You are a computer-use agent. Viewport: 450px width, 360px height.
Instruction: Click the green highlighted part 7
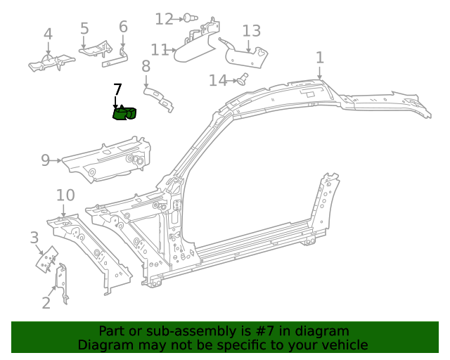pos(124,112)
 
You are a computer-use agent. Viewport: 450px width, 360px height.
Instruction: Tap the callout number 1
pos(320,58)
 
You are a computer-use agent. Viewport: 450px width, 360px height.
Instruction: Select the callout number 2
pos(46,303)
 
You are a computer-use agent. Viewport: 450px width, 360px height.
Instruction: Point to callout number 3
pos(34,238)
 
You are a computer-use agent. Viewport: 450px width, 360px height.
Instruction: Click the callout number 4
pos(48,34)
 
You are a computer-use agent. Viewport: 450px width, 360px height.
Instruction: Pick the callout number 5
pos(84,29)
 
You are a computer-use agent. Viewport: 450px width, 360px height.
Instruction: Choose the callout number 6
pos(123,27)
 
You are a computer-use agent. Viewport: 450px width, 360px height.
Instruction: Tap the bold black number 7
pos(117,89)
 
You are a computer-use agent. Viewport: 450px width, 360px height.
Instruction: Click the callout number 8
pos(146,67)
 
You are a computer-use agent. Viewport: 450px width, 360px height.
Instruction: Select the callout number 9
pos(45,160)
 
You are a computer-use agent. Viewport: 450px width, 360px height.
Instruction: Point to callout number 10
pos(65,195)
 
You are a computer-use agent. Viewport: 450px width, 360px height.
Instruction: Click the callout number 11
pos(160,50)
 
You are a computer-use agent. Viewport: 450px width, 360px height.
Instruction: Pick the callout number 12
pos(164,19)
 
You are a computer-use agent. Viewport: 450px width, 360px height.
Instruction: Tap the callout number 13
pos(251,31)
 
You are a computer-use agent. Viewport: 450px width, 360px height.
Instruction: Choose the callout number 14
pos(217,81)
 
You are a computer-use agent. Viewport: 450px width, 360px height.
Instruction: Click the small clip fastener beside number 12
pos(191,18)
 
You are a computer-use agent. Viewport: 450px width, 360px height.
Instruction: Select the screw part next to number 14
pos(243,79)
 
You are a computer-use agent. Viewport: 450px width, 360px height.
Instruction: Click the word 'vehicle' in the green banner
pos(343,345)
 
